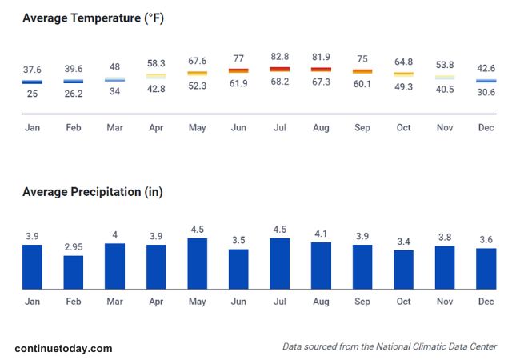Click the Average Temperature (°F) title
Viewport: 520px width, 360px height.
point(93,18)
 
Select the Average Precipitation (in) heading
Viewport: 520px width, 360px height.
point(92,192)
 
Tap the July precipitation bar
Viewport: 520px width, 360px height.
point(279,263)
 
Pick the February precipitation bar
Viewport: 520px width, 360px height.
point(74,272)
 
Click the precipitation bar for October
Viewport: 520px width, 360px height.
point(403,270)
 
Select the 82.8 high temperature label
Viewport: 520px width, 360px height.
point(279,56)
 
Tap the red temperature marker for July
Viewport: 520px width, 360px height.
point(279,70)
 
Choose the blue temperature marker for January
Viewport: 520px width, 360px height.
point(32,81)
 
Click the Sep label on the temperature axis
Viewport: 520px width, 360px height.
point(362,127)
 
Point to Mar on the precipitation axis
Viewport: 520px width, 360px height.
point(114,302)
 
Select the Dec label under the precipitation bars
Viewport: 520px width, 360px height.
point(486,302)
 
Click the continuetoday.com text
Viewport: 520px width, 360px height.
point(63,348)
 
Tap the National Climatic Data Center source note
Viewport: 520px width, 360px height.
point(390,346)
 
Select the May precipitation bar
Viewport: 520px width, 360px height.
point(197,263)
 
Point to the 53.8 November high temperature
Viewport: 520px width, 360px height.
point(445,64)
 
